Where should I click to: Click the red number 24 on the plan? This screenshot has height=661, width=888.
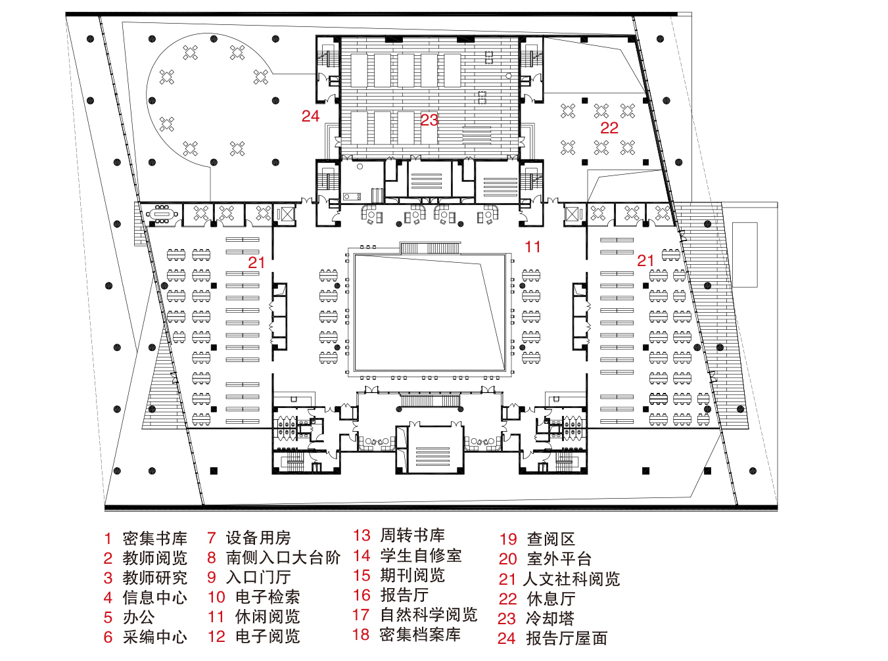point(310,116)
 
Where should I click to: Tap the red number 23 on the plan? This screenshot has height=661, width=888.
point(429,120)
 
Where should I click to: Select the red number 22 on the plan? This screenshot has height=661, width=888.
point(609,128)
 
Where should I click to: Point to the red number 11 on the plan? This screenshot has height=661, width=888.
point(532,247)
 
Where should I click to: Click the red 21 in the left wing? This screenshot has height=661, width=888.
point(256,262)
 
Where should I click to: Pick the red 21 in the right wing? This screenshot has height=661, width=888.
point(645,261)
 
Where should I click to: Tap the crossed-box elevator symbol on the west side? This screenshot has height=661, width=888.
point(287,214)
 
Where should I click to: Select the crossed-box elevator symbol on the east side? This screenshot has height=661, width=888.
point(573,214)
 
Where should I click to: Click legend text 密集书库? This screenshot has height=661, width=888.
point(155,539)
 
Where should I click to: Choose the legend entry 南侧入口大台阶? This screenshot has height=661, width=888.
point(283,558)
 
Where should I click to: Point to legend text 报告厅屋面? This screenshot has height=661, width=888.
point(567,638)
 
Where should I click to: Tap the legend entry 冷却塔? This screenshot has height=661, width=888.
point(550,618)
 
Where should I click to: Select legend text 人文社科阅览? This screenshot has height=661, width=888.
point(571,579)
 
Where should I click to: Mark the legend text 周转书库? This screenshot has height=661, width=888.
point(413,536)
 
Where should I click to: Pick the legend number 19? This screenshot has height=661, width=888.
point(508,539)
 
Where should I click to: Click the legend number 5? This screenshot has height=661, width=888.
point(108,618)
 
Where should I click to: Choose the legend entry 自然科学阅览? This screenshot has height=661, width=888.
point(429,615)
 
